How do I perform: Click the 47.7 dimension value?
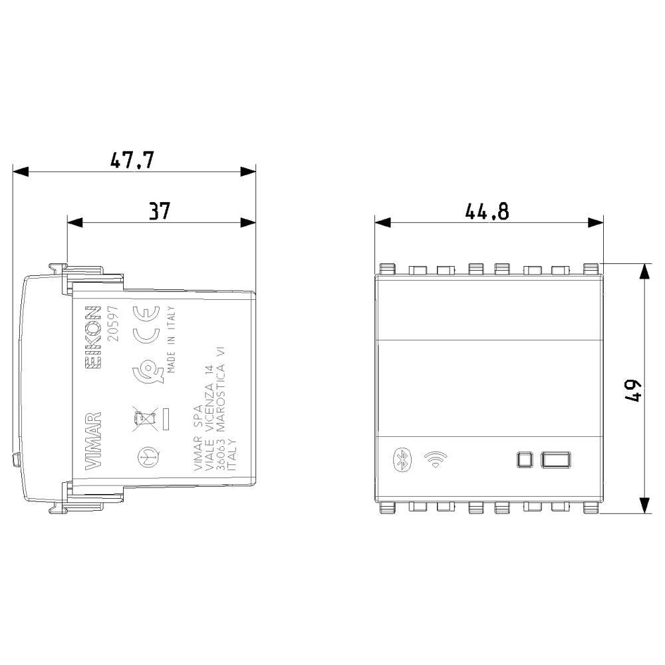(132, 160)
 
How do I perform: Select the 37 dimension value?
(160, 211)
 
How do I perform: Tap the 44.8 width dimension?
(487, 211)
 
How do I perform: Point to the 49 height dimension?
(633, 390)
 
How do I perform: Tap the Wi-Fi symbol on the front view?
(435, 460)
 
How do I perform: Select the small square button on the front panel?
(525, 460)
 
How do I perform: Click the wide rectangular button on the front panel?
(555, 460)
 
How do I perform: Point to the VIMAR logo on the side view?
(93, 441)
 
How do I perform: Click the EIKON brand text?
(93, 336)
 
